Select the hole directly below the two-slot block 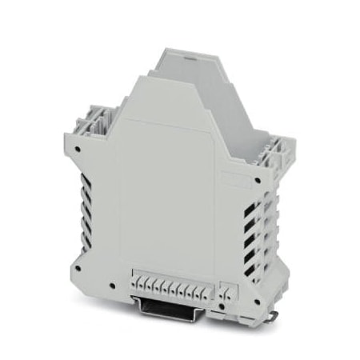[x=225, y=308]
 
